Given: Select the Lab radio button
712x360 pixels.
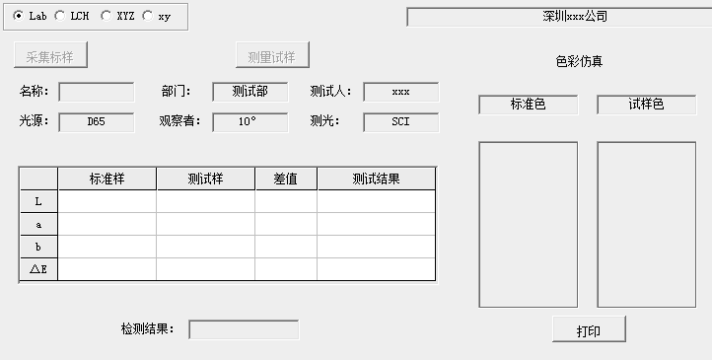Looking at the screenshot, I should click(20, 16).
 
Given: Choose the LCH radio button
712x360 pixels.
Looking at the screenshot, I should click(60, 16).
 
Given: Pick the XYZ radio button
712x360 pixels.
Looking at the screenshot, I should click(106, 16).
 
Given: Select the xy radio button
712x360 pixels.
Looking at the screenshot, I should click(148, 16).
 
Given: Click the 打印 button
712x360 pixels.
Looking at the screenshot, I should click(589, 330).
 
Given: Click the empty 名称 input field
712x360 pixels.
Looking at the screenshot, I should click(97, 92).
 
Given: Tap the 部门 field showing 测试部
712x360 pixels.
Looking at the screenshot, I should click(249, 92).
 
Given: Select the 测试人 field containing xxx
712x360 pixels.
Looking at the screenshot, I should click(400, 92).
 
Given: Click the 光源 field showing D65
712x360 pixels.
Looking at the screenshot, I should click(97, 122).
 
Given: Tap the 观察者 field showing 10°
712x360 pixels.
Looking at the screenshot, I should click(249, 122).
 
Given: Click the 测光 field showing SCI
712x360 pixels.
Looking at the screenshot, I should click(400, 122).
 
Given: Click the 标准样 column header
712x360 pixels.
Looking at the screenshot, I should click(107, 179).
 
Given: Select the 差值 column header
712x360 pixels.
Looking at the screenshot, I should click(286, 179).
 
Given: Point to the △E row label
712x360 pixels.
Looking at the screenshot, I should click(38, 269).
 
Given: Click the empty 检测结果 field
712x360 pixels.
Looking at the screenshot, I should click(244, 329).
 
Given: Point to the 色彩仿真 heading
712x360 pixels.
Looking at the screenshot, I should click(580, 61).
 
